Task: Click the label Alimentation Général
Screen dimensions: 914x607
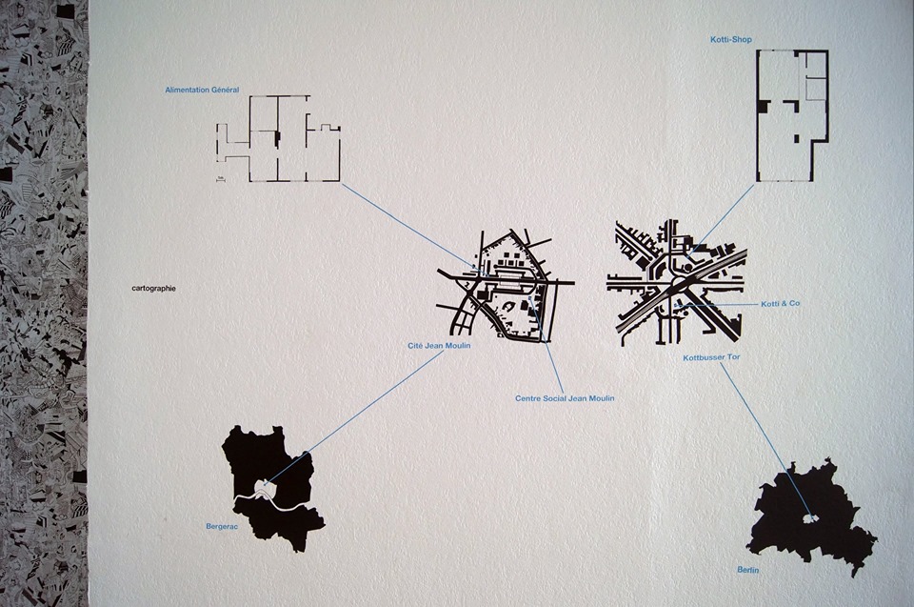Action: coord(202,90)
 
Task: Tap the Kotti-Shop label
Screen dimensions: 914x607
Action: coord(731,40)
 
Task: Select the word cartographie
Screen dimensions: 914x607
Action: coord(154,289)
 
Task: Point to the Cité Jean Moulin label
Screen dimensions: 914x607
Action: coord(439,346)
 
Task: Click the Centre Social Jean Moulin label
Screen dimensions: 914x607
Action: coord(565,398)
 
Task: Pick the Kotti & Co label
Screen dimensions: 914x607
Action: coord(781,303)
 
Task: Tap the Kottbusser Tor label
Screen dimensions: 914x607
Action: coord(712,357)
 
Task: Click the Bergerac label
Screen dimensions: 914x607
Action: coord(222,526)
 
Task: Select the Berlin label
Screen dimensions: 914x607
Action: coord(748,570)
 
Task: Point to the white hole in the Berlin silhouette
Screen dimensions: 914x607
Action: coord(808,517)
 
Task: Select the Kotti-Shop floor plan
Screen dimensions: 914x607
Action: coord(792,115)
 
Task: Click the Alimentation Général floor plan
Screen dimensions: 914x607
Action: coord(278,139)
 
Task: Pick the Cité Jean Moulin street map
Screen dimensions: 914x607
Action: coord(506,284)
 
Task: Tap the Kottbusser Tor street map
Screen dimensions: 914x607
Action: coord(676,283)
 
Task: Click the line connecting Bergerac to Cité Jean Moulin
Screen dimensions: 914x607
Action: coord(355,418)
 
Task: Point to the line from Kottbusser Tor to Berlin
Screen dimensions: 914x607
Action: coord(765,439)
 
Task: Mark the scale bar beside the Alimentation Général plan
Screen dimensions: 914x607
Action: coord(220,180)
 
